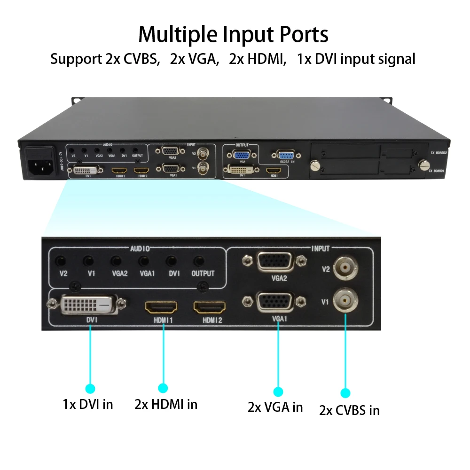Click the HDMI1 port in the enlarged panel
(161, 308)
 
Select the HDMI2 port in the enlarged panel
(210, 308)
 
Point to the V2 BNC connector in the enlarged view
(345, 268)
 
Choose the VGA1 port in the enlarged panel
(275, 302)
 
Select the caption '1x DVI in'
(88, 404)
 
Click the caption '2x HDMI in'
(166, 404)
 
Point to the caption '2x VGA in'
(275, 407)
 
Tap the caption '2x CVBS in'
(349, 410)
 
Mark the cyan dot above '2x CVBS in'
(345, 393)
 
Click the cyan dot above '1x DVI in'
(90, 388)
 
